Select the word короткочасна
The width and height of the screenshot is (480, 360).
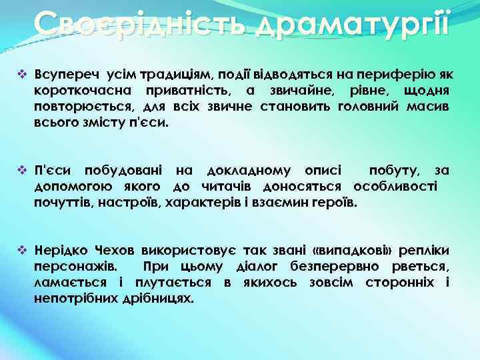tap(79, 89)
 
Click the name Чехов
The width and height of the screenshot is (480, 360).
tap(115, 251)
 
